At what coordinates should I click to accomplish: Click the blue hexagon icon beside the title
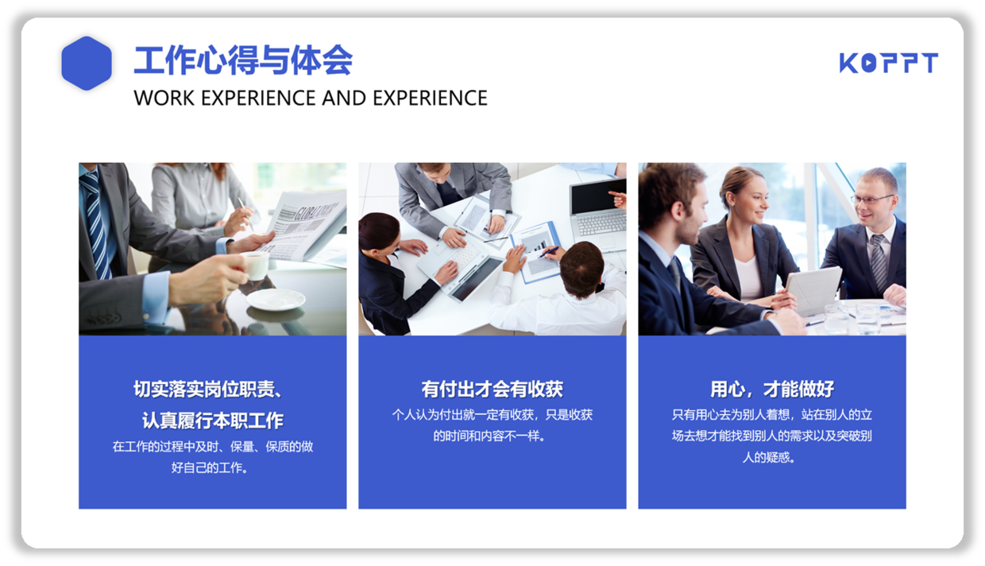[87, 64]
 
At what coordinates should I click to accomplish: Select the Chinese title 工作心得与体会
[243, 60]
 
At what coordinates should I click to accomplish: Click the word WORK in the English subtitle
[164, 98]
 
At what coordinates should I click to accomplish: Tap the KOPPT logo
[888, 63]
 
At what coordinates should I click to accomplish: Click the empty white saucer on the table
[276, 300]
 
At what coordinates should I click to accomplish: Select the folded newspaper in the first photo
[303, 224]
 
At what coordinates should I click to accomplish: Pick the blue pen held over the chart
[549, 251]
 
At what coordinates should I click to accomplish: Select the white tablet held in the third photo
[813, 289]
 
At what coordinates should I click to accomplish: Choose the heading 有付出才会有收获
[492, 389]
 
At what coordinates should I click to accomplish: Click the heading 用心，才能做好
[772, 389]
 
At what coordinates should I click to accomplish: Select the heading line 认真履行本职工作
[213, 421]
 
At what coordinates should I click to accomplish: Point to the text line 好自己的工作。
[210, 467]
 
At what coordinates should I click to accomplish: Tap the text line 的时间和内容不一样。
[489, 436]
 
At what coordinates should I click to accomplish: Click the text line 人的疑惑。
[769, 457]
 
